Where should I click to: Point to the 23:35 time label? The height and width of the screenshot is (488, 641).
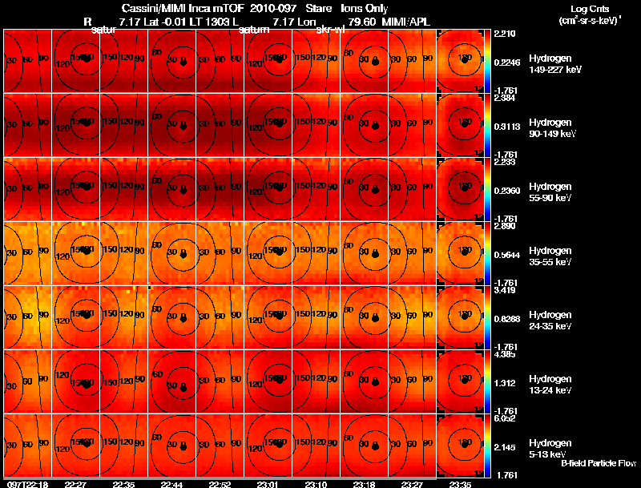coord(461,484)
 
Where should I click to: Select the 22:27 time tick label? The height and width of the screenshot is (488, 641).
coord(75,484)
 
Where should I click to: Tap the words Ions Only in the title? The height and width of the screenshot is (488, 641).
coord(365,8)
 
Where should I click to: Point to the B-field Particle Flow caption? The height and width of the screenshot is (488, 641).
coord(599,463)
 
